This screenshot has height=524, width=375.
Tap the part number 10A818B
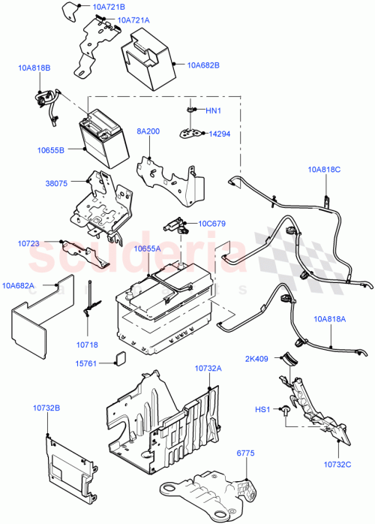point(34,68)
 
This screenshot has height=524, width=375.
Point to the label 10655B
point(50,150)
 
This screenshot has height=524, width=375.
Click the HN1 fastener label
point(214,111)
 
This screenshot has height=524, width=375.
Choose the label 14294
point(219,133)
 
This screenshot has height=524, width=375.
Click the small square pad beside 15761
point(118,359)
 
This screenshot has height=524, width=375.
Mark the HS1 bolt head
point(286,411)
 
